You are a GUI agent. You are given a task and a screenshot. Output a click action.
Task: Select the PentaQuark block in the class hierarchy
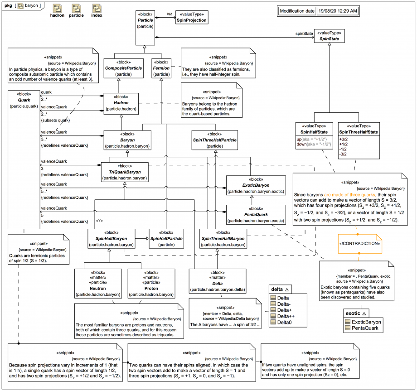point(256,215)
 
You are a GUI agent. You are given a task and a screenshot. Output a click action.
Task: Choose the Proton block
point(150,288)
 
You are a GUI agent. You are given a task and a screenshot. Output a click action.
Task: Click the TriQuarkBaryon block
point(125,172)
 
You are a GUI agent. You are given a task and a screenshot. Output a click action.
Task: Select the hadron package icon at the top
point(57,9)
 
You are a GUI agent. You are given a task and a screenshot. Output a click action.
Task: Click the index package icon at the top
point(97,9)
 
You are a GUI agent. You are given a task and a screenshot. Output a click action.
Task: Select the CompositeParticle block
point(123,68)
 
